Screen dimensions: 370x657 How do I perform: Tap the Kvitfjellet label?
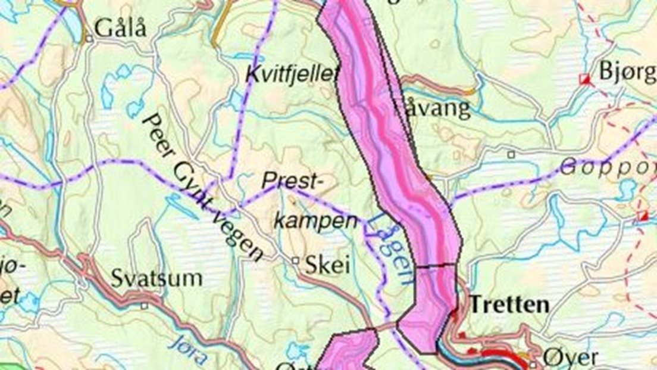[291, 74]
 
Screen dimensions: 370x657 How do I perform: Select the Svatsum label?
[157, 278]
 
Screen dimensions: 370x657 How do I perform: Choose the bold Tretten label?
[509, 305]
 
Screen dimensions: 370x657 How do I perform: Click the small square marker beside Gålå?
[88, 40]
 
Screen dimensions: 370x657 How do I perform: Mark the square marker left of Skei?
[295, 260]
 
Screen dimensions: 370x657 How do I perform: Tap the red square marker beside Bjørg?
[586, 79]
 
